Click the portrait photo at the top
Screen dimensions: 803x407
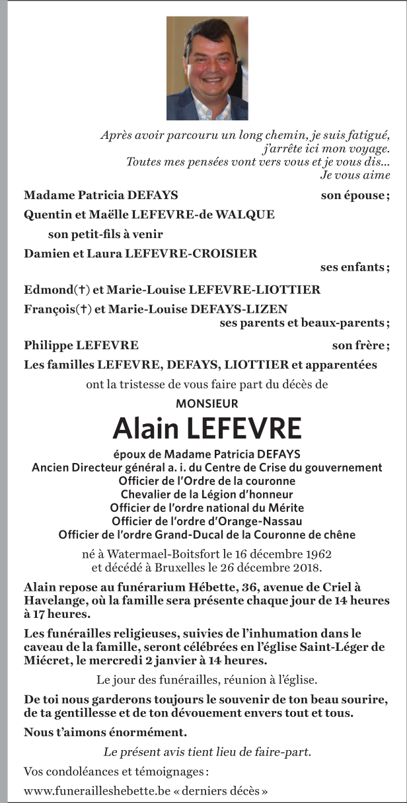(207, 68)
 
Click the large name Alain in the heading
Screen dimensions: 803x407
(146, 429)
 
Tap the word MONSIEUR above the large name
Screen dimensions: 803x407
(207, 403)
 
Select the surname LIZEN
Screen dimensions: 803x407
(268, 309)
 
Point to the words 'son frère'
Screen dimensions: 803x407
(359, 345)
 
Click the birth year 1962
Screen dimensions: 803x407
(316, 554)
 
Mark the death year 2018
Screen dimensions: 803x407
(306, 567)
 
